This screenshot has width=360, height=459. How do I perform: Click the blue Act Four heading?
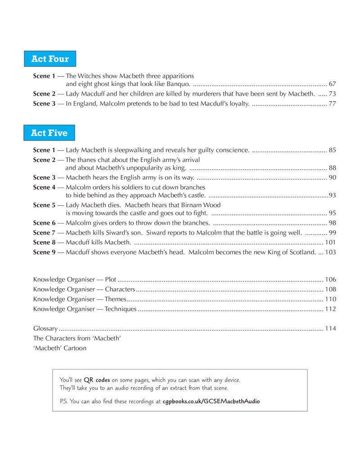(x=50, y=59)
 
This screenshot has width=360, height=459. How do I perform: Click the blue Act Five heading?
(x=49, y=133)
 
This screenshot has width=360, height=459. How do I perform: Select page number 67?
(x=332, y=84)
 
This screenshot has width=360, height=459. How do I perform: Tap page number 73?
(x=332, y=94)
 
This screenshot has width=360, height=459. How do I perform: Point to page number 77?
(x=332, y=104)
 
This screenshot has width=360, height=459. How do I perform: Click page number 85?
(x=332, y=150)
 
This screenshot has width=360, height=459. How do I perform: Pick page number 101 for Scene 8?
(x=330, y=242)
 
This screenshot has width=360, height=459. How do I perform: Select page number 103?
(x=330, y=252)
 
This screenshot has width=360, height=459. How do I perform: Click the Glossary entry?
(x=45, y=329)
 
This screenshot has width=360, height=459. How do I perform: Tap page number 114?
(x=330, y=329)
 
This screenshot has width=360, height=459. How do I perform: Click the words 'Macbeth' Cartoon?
(x=60, y=348)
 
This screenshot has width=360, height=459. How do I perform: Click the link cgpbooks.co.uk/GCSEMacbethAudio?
(x=211, y=401)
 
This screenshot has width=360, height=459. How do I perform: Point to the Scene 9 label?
(x=44, y=252)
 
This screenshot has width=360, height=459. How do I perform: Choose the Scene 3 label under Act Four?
(x=44, y=104)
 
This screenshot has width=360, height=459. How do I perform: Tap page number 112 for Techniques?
(x=330, y=309)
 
